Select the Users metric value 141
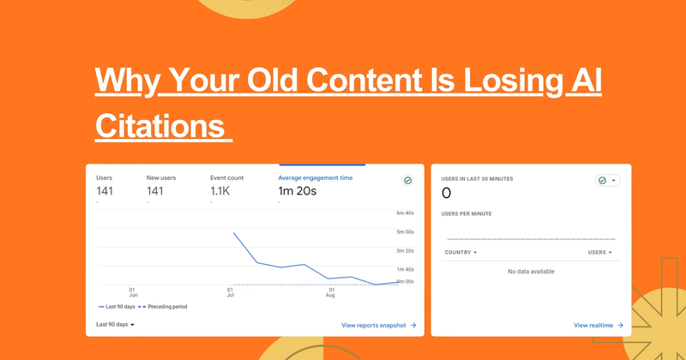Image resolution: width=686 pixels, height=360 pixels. tap(105, 190)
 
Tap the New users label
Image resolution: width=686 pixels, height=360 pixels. tap(161, 177)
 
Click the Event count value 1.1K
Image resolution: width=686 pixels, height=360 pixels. tap(220, 190)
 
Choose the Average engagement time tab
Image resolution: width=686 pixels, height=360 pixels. tap(315, 177)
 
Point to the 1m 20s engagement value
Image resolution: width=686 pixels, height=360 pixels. tap(298, 190)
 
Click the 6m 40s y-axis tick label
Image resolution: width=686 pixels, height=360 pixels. tap(406, 213)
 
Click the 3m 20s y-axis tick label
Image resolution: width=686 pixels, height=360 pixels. tap(406, 250)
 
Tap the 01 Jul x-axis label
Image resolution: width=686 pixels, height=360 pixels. tap(231, 293)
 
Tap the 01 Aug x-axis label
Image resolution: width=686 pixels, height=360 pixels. tap(331, 293)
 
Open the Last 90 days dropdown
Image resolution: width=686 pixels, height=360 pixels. tap(115, 325)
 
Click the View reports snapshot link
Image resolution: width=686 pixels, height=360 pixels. tap(378, 325)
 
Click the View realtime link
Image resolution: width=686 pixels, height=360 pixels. tap(599, 325)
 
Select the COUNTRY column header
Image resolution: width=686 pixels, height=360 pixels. tap(460, 252)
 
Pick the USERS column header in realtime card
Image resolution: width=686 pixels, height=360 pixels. tap(599, 252)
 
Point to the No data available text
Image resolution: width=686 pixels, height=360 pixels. tap(531, 272)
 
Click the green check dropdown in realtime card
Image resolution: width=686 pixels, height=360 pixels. tap(607, 181)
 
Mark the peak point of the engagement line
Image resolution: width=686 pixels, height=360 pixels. tap(234, 232)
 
